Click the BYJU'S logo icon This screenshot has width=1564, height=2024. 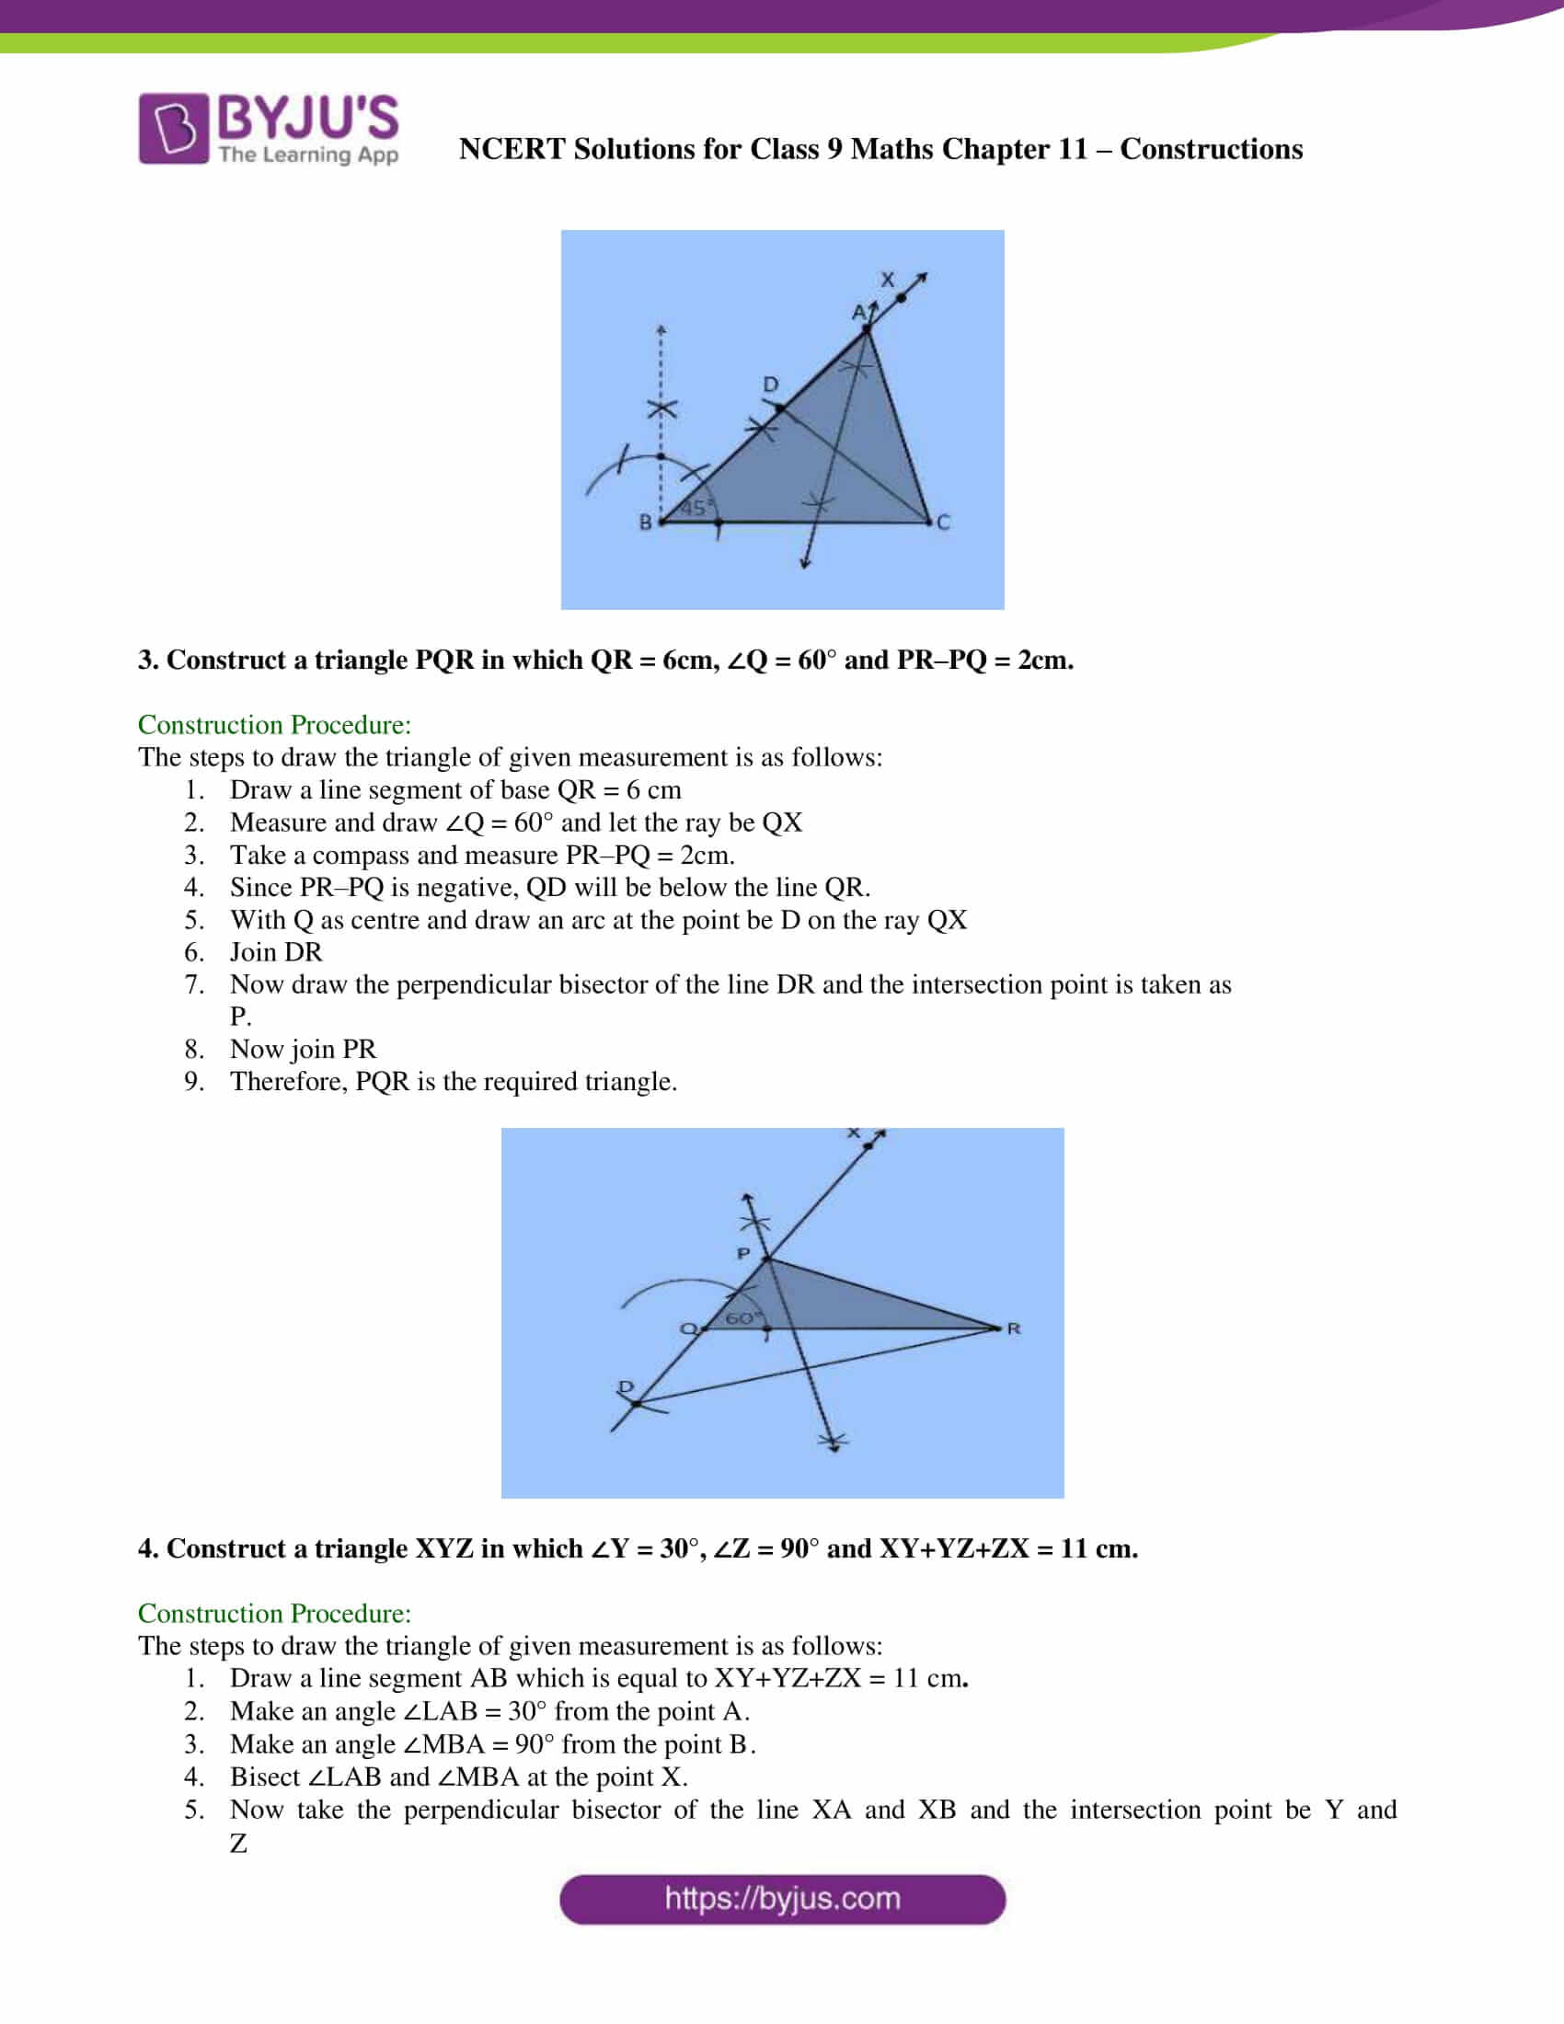click(x=173, y=129)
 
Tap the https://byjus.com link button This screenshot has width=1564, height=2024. click(x=782, y=1899)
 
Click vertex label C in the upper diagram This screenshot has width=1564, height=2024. click(x=943, y=523)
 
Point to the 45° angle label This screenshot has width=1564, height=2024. click(x=694, y=508)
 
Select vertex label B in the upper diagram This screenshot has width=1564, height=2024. click(x=645, y=523)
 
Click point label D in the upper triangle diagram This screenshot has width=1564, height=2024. click(x=770, y=384)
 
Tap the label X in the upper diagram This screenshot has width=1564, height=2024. click(x=888, y=279)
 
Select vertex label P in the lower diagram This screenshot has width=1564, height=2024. click(x=743, y=1253)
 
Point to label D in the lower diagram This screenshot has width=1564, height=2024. click(x=627, y=1386)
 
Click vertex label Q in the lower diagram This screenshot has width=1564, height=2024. click(x=687, y=1329)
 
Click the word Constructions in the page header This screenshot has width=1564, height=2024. click(x=1210, y=149)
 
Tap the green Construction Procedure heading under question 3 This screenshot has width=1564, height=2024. click(x=274, y=725)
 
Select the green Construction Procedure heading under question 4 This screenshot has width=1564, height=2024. click(x=274, y=1614)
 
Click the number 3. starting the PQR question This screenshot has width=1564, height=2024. click(x=148, y=660)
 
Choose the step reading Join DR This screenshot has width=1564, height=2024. click(x=275, y=952)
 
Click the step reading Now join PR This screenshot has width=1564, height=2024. click(x=303, y=1049)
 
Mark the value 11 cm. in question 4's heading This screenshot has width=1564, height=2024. click(x=1098, y=1548)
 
